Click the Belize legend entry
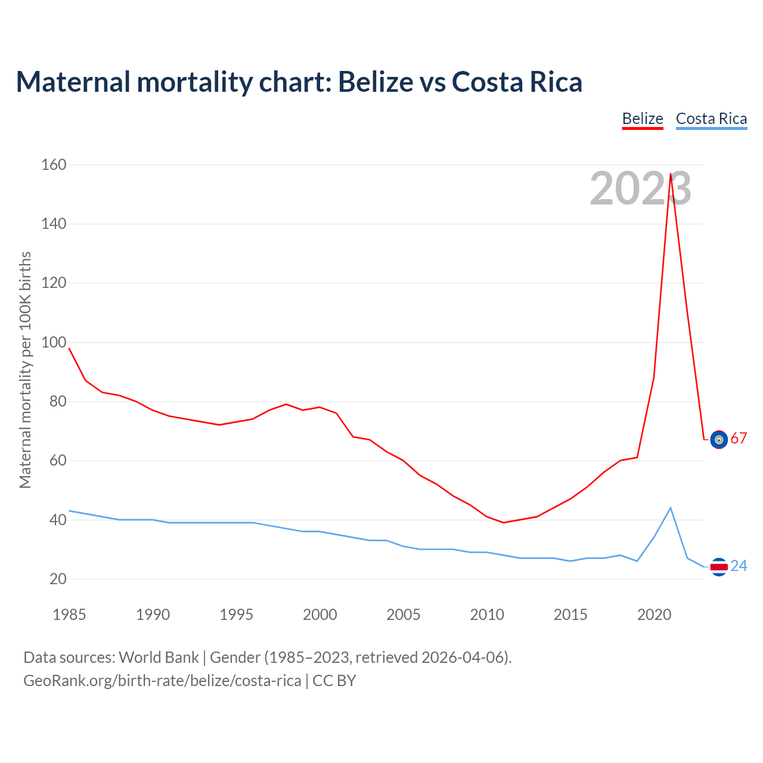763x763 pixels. point(643,119)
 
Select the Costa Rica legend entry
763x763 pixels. point(711,119)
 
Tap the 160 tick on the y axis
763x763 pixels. point(54,165)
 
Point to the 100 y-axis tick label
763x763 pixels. point(54,342)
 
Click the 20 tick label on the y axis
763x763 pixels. point(58,579)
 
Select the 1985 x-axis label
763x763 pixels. point(69,615)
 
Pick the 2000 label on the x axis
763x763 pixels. point(320,615)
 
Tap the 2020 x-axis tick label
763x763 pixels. point(655,615)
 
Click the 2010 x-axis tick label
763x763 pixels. point(487,615)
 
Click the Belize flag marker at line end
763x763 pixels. point(719,439)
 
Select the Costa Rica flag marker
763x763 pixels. point(719,567)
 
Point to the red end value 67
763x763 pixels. point(739,439)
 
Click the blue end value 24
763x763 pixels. point(739,566)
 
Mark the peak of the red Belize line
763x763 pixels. point(671,174)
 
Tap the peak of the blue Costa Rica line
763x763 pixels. point(671,508)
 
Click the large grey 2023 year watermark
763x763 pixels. point(640,188)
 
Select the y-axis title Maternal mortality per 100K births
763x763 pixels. point(25,370)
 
